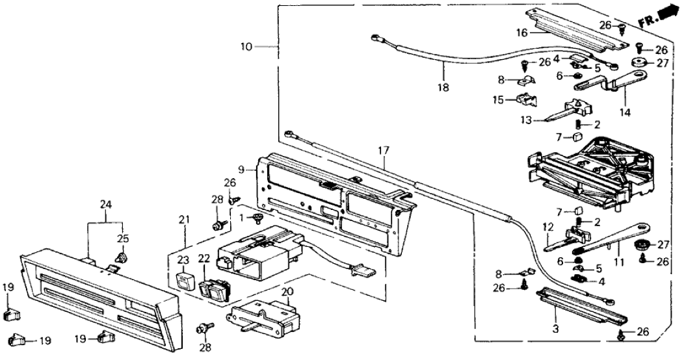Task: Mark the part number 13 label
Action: click(x=525, y=120)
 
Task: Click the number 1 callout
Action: click(x=245, y=216)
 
